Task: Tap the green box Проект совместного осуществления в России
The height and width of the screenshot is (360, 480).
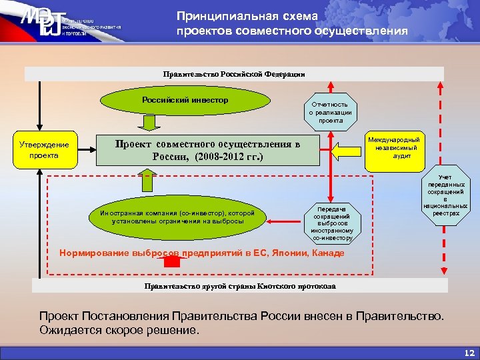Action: (x=208, y=150)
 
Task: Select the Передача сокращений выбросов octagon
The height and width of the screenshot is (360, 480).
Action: (x=333, y=223)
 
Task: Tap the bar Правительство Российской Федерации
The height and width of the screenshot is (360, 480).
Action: (x=233, y=74)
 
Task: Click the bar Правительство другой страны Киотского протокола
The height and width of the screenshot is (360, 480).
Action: (x=240, y=286)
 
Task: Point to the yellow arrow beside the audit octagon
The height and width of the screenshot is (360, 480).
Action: (x=345, y=151)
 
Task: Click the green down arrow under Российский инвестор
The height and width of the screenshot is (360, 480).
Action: (x=149, y=123)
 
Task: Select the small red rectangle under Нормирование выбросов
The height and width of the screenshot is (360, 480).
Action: (x=172, y=263)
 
